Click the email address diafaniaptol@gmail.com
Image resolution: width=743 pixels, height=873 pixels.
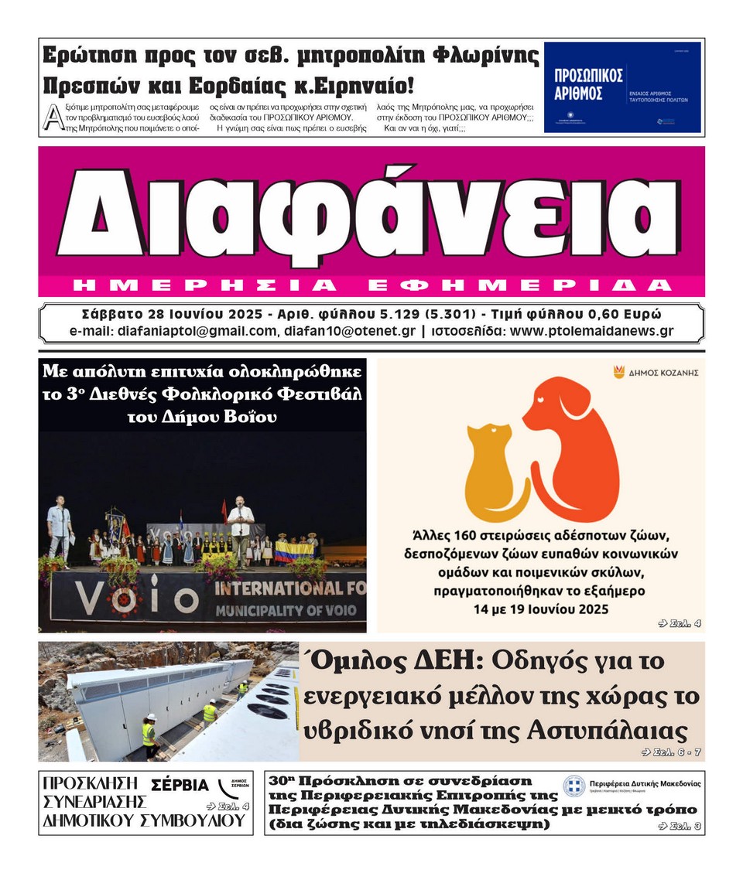coord(197,331)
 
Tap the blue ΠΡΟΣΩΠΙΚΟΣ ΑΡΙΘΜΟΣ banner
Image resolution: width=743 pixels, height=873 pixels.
coord(622,87)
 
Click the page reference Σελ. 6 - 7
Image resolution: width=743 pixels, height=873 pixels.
coord(672,752)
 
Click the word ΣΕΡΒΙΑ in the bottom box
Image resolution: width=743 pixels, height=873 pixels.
coord(180,785)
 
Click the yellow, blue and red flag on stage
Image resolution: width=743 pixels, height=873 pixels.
coord(295,551)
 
